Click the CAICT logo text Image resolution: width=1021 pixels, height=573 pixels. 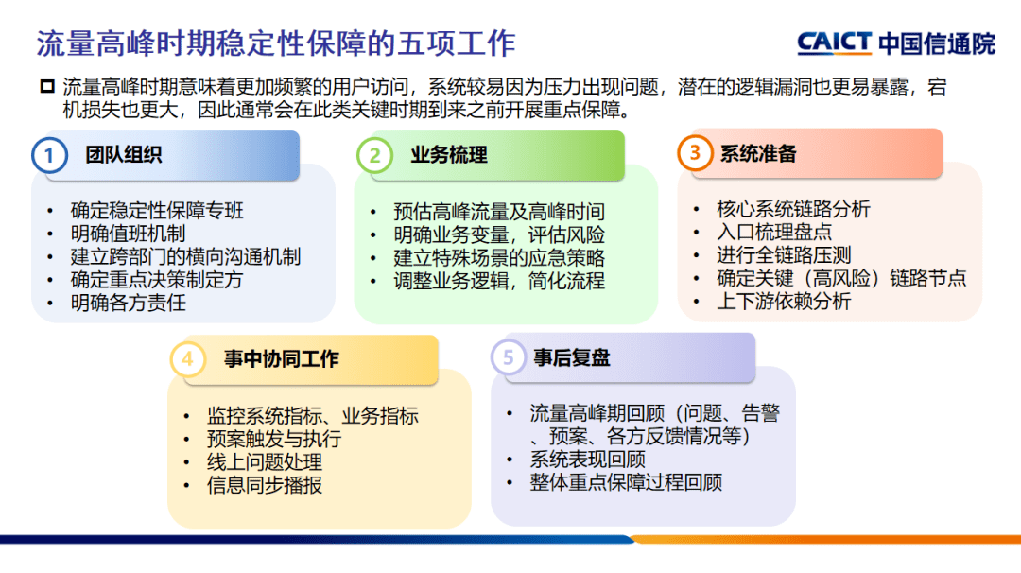coord(834,43)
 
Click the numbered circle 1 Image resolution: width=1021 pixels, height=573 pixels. coord(49,154)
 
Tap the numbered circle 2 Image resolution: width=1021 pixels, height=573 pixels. coord(374,155)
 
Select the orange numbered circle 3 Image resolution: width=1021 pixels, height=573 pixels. coord(695,153)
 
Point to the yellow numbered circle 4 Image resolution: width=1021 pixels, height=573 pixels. coord(187,359)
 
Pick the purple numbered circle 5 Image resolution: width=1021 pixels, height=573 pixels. coord(509,358)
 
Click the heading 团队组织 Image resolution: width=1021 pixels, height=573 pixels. coord(123,155)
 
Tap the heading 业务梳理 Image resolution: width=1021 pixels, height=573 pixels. coord(449,155)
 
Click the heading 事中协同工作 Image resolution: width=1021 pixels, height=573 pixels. coord(281,359)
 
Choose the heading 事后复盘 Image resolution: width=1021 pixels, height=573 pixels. coord(571,358)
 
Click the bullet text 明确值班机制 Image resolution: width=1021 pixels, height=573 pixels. coord(128,234)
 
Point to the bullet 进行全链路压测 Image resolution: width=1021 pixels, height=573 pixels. coord(784,255)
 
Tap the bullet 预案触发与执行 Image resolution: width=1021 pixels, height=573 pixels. coord(273,440)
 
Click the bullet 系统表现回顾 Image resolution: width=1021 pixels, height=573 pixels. coord(587,460)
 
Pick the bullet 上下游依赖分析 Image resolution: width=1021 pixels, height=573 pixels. coord(784,302)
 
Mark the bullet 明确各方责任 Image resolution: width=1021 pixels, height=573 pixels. coord(128,304)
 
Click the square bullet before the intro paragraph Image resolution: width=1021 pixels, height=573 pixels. coord(47,87)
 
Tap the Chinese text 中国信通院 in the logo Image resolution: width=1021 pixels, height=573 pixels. coord(936,43)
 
